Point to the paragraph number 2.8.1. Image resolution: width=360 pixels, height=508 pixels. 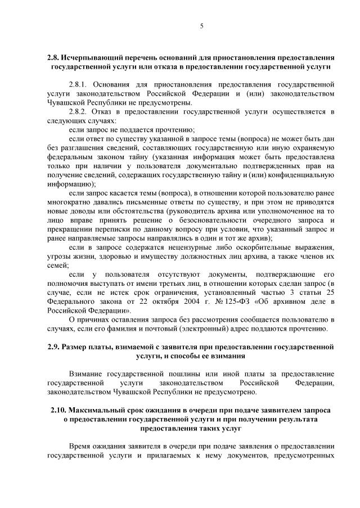click(x=78, y=84)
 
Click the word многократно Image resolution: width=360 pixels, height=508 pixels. click(x=70, y=202)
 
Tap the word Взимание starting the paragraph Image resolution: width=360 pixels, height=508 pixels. click(x=87, y=374)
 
